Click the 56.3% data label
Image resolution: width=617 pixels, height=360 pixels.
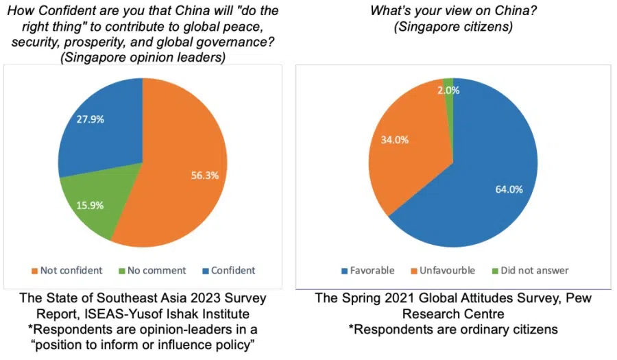[x=204, y=175]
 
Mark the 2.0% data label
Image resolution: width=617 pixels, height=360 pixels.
[x=453, y=90]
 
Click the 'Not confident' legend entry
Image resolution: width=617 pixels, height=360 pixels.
[x=66, y=270]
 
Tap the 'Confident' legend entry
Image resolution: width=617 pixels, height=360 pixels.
[x=228, y=270]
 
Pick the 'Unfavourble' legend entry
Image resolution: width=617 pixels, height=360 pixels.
[x=444, y=270]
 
